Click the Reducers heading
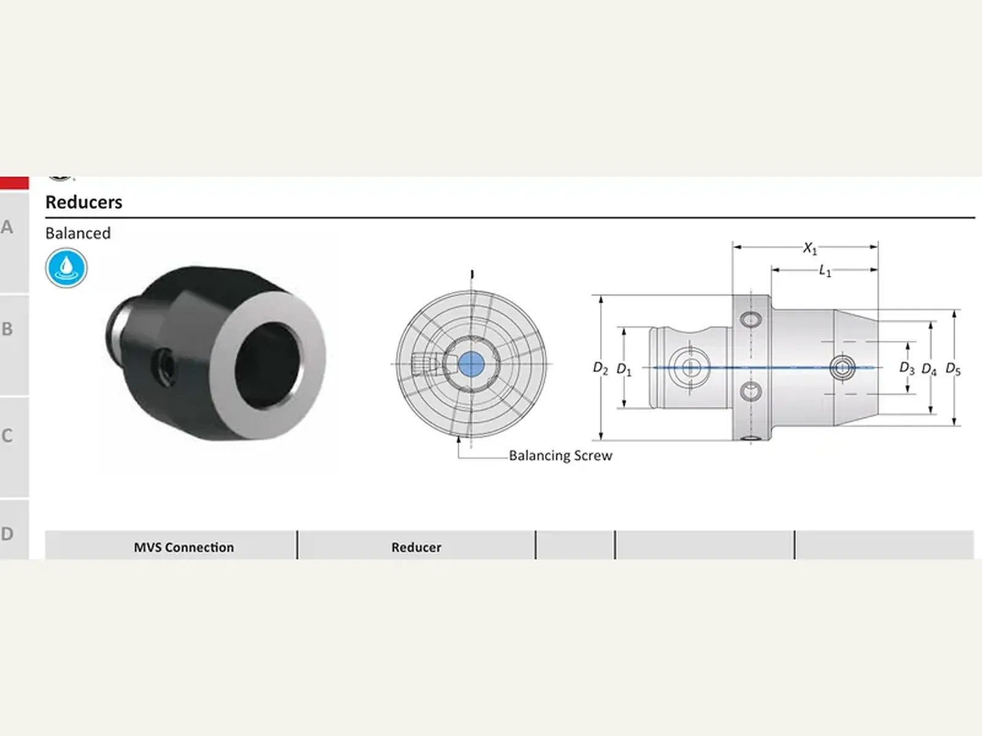coord(83,202)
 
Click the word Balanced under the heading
coord(78,233)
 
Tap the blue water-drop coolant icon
coord(66,268)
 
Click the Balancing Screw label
coord(560,456)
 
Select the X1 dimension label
coord(810,248)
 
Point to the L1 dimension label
coord(825,271)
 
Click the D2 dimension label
coord(600,368)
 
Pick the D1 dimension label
coord(624,370)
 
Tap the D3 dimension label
coord(907,368)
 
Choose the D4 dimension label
coord(929,370)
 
